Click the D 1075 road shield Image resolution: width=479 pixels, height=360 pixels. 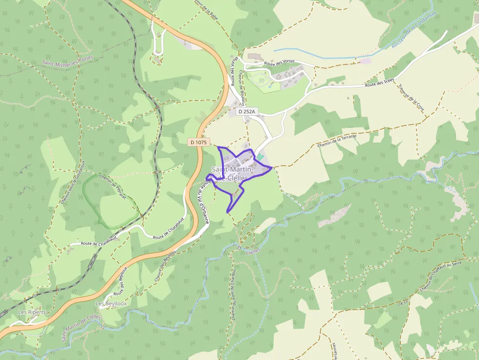(199, 142)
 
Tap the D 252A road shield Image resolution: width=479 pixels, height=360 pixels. (247, 112)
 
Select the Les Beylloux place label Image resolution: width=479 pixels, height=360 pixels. (111, 303)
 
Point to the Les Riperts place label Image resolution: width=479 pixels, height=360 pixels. (32, 312)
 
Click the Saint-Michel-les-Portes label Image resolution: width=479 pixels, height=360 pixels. (67, 61)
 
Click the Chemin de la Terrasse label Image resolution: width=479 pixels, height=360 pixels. (337, 141)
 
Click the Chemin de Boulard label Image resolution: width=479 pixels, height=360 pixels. (241, 85)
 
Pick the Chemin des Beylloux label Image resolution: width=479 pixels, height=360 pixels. (165, 266)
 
